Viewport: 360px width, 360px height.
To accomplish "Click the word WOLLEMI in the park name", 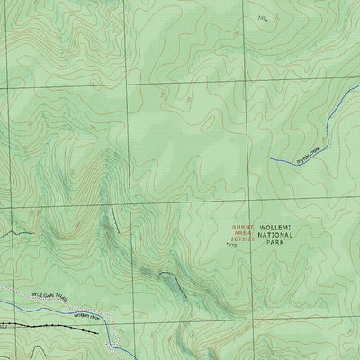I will (x=276, y=227).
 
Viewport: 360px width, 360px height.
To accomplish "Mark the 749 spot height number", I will (x=262, y=17).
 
